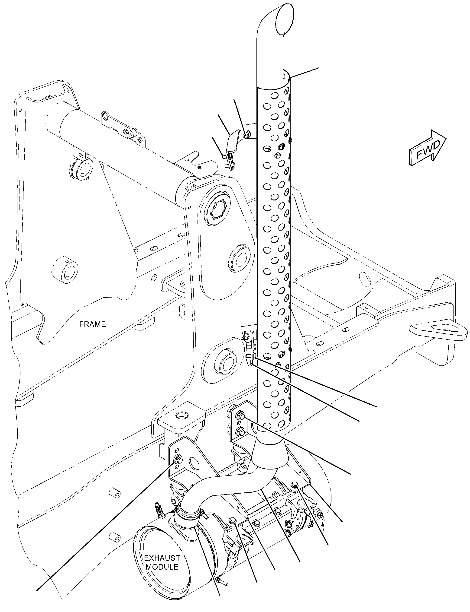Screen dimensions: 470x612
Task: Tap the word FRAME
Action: [x=92, y=324]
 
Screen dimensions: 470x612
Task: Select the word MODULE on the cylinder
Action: [x=162, y=567]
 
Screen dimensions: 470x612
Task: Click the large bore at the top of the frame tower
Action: [x=219, y=209]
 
